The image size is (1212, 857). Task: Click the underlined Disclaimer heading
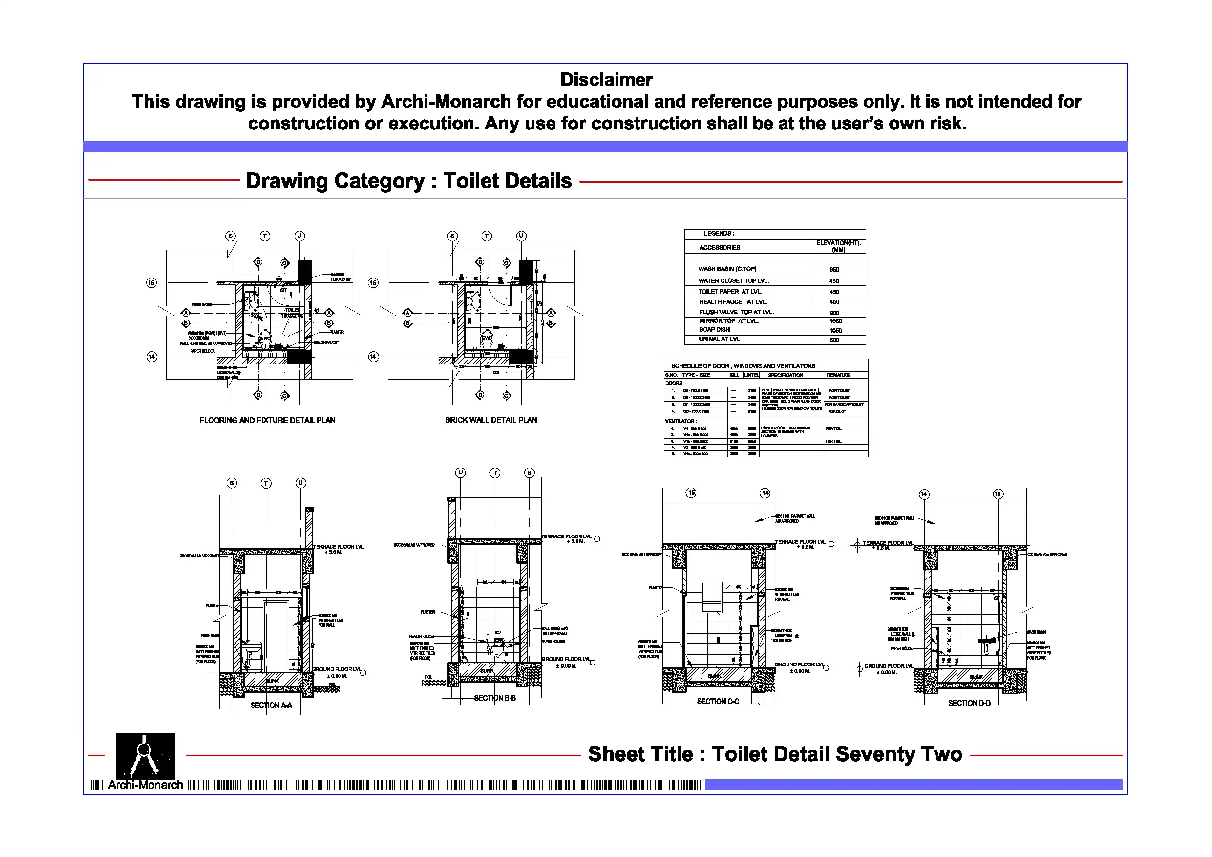coord(605,80)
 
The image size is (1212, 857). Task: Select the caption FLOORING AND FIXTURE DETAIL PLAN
coord(267,420)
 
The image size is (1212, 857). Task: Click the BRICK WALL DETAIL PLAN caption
coord(490,420)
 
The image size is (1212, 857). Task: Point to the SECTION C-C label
coord(718,701)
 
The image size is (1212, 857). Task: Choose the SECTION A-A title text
coord(271,705)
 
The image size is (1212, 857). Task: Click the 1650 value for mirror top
coord(835,321)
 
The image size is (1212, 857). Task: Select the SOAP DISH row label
coord(714,329)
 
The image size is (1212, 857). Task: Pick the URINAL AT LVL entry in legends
coord(719,339)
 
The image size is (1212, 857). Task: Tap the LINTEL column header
coord(751,375)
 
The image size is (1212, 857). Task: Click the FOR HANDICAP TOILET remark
coord(844,405)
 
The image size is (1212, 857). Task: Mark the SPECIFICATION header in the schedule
coord(785,375)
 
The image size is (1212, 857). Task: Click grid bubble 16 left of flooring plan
coord(151,283)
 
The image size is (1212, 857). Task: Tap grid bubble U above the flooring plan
coord(299,236)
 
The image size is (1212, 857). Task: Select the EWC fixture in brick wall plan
coord(487,338)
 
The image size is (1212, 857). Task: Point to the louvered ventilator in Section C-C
coord(712,597)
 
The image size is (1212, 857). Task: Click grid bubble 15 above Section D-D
coord(997,493)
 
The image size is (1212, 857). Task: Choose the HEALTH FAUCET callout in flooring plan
coord(326,342)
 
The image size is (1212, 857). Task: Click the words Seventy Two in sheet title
coord(899,754)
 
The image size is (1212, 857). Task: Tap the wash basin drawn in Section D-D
coord(986,643)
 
